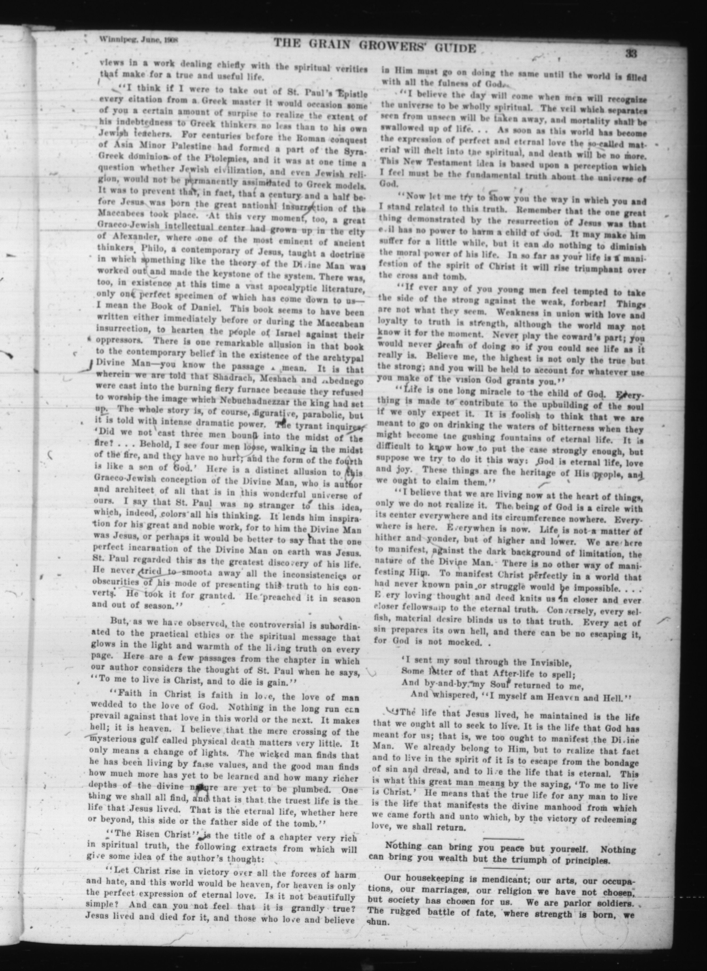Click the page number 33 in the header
pyautogui.click(x=631, y=54)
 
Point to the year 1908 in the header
pyautogui.click(x=170, y=40)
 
